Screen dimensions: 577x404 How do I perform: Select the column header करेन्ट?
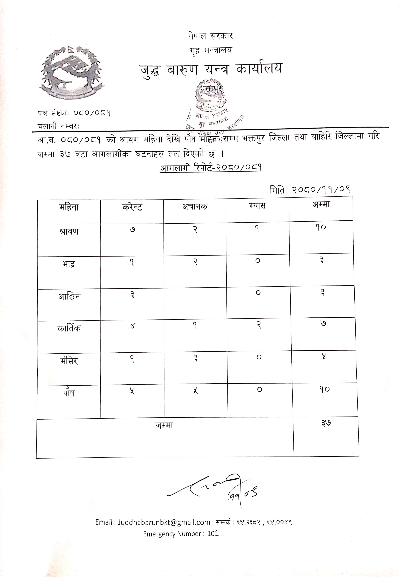[132, 207]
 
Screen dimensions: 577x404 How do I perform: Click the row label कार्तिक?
[69, 328]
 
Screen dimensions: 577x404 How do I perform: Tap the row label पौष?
[69, 393]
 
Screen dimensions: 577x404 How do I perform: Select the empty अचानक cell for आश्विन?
[195, 304]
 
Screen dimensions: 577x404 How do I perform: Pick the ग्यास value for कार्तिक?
[259, 325]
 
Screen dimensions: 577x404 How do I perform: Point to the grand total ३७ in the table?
[326, 423]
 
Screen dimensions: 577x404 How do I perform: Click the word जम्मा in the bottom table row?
[164, 425]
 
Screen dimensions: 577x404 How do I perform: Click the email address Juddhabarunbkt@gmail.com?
[164, 522]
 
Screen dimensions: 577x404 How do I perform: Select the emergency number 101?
[213, 533]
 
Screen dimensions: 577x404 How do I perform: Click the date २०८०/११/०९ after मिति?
[321, 189]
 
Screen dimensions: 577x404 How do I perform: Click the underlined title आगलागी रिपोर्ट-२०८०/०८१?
[212, 168]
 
